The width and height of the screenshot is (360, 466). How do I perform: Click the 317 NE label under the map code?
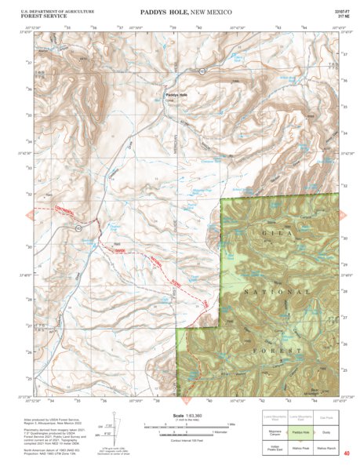[343, 17]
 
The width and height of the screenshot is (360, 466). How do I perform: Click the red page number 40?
[346, 453]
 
